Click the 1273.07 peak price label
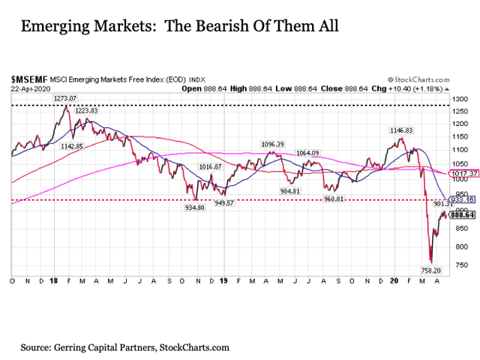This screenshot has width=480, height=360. (67, 97)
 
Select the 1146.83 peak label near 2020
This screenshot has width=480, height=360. (399, 130)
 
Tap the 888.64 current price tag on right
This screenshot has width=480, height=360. (464, 214)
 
